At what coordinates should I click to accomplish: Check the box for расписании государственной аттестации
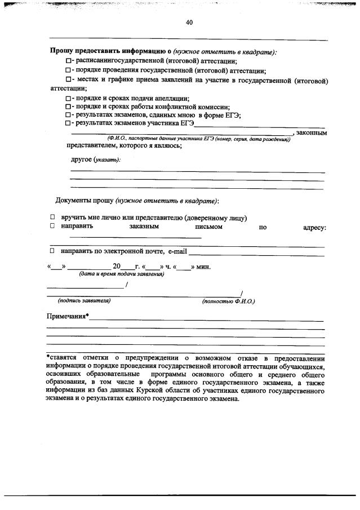coord(68,61)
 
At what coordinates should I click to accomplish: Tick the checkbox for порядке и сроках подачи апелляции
coord(68,98)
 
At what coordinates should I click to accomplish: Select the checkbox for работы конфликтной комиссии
coord(68,107)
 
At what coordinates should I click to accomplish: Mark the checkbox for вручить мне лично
coord(52,218)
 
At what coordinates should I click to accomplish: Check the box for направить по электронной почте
coord(52,250)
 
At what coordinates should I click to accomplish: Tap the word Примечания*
coord(67,316)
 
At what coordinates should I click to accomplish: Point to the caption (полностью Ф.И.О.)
coord(228,301)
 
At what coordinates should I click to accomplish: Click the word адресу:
coord(314,227)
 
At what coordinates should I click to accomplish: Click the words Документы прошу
coord(85,201)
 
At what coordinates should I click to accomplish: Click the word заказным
coord(144,227)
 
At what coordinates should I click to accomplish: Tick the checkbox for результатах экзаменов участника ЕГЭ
coord(68,123)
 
